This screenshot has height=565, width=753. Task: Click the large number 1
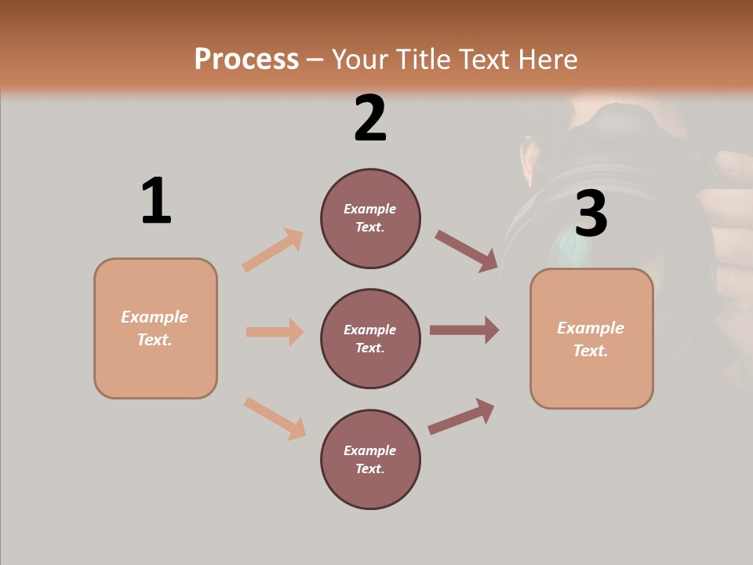pyautogui.click(x=156, y=201)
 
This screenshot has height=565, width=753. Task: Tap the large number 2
pyautogui.click(x=370, y=118)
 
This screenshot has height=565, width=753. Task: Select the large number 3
pyautogui.click(x=591, y=213)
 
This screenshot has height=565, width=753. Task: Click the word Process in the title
pyautogui.click(x=246, y=59)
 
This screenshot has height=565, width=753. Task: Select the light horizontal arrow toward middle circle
pyautogui.click(x=275, y=332)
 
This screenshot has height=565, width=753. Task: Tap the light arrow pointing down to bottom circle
pyautogui.click(x=275, y=418)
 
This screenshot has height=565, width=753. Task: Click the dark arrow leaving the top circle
pyautogui.click(x=467, y=250)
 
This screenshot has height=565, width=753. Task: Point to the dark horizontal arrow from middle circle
pyautogui.click(x=464, y=330)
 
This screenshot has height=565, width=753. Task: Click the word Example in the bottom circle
pyautogui.click(x=369, y=450)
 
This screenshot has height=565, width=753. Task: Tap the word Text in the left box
pyautogui.click(x=155, y=340)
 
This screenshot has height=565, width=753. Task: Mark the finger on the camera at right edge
pyautogui.click(x=733, y=165)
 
